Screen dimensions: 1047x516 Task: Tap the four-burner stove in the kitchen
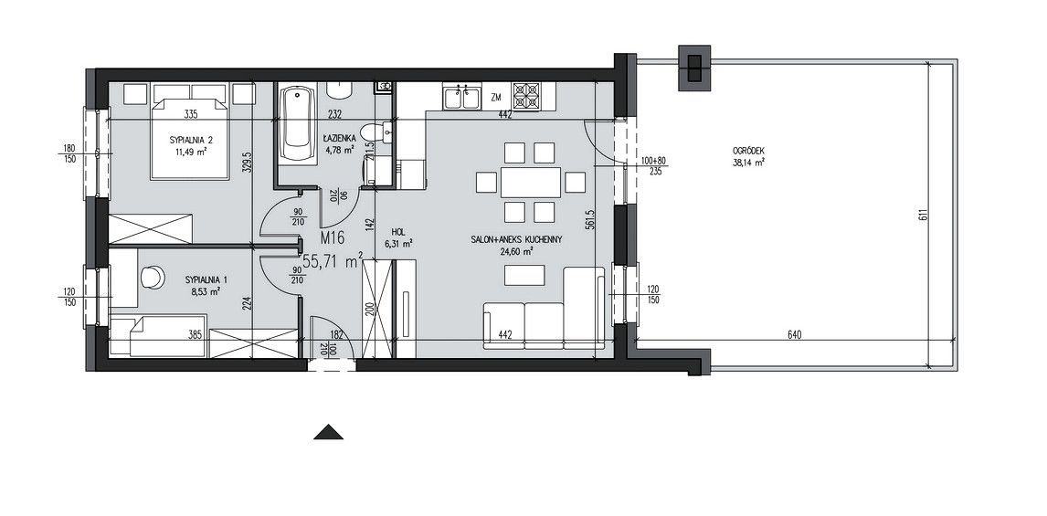coord(525,96)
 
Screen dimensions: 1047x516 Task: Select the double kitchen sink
coord(462,98)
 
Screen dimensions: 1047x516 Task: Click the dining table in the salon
coord(531,183)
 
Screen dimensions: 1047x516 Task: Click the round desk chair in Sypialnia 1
coord(153,277)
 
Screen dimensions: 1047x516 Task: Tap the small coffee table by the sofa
coord(524,275)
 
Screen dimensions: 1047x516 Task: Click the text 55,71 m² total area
coord(333,261)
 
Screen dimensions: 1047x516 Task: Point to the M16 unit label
coord(332,237)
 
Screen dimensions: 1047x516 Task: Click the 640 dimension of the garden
coord(793,335)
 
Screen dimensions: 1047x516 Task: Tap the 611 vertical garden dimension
coord(923,216)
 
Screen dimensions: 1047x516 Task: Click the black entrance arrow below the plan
coord(329,432)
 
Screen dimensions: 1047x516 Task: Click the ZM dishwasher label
coord(495,98)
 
